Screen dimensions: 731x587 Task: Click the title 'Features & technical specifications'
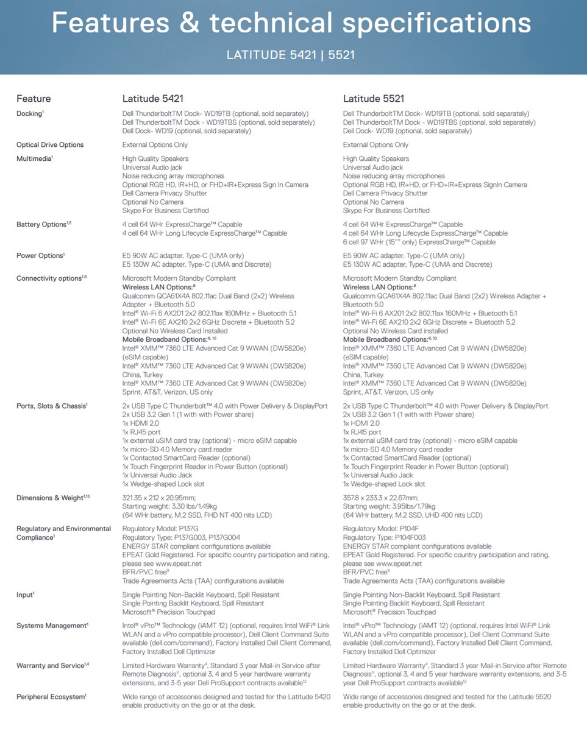(x=291, y=23)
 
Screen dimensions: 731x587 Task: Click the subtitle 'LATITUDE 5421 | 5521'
(x=291, y=55)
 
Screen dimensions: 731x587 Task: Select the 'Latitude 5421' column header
(x=153, y=99)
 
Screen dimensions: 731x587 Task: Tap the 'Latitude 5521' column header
(x=374, y=99)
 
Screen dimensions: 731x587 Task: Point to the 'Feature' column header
(x=34, y=99)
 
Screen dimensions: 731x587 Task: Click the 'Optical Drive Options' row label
(x=50, y=145)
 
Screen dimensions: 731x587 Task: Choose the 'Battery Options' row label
(x=41, y=225)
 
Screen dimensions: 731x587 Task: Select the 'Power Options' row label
(x=40, y=256)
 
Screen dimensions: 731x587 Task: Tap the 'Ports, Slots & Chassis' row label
(x=51, y=406)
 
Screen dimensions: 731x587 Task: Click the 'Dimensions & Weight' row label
(x=50, y=498)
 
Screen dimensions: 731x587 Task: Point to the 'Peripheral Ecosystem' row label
(x=50, y=696)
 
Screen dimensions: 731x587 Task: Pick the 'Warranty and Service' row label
(x=49, y=665)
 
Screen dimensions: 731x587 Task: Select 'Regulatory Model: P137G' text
(x=156, y=529)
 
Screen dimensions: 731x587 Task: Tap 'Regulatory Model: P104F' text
(x=376, y=529)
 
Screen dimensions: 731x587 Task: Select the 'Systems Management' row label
(x=51, y=626)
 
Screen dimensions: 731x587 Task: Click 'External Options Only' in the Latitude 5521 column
(x=375, y=145)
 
